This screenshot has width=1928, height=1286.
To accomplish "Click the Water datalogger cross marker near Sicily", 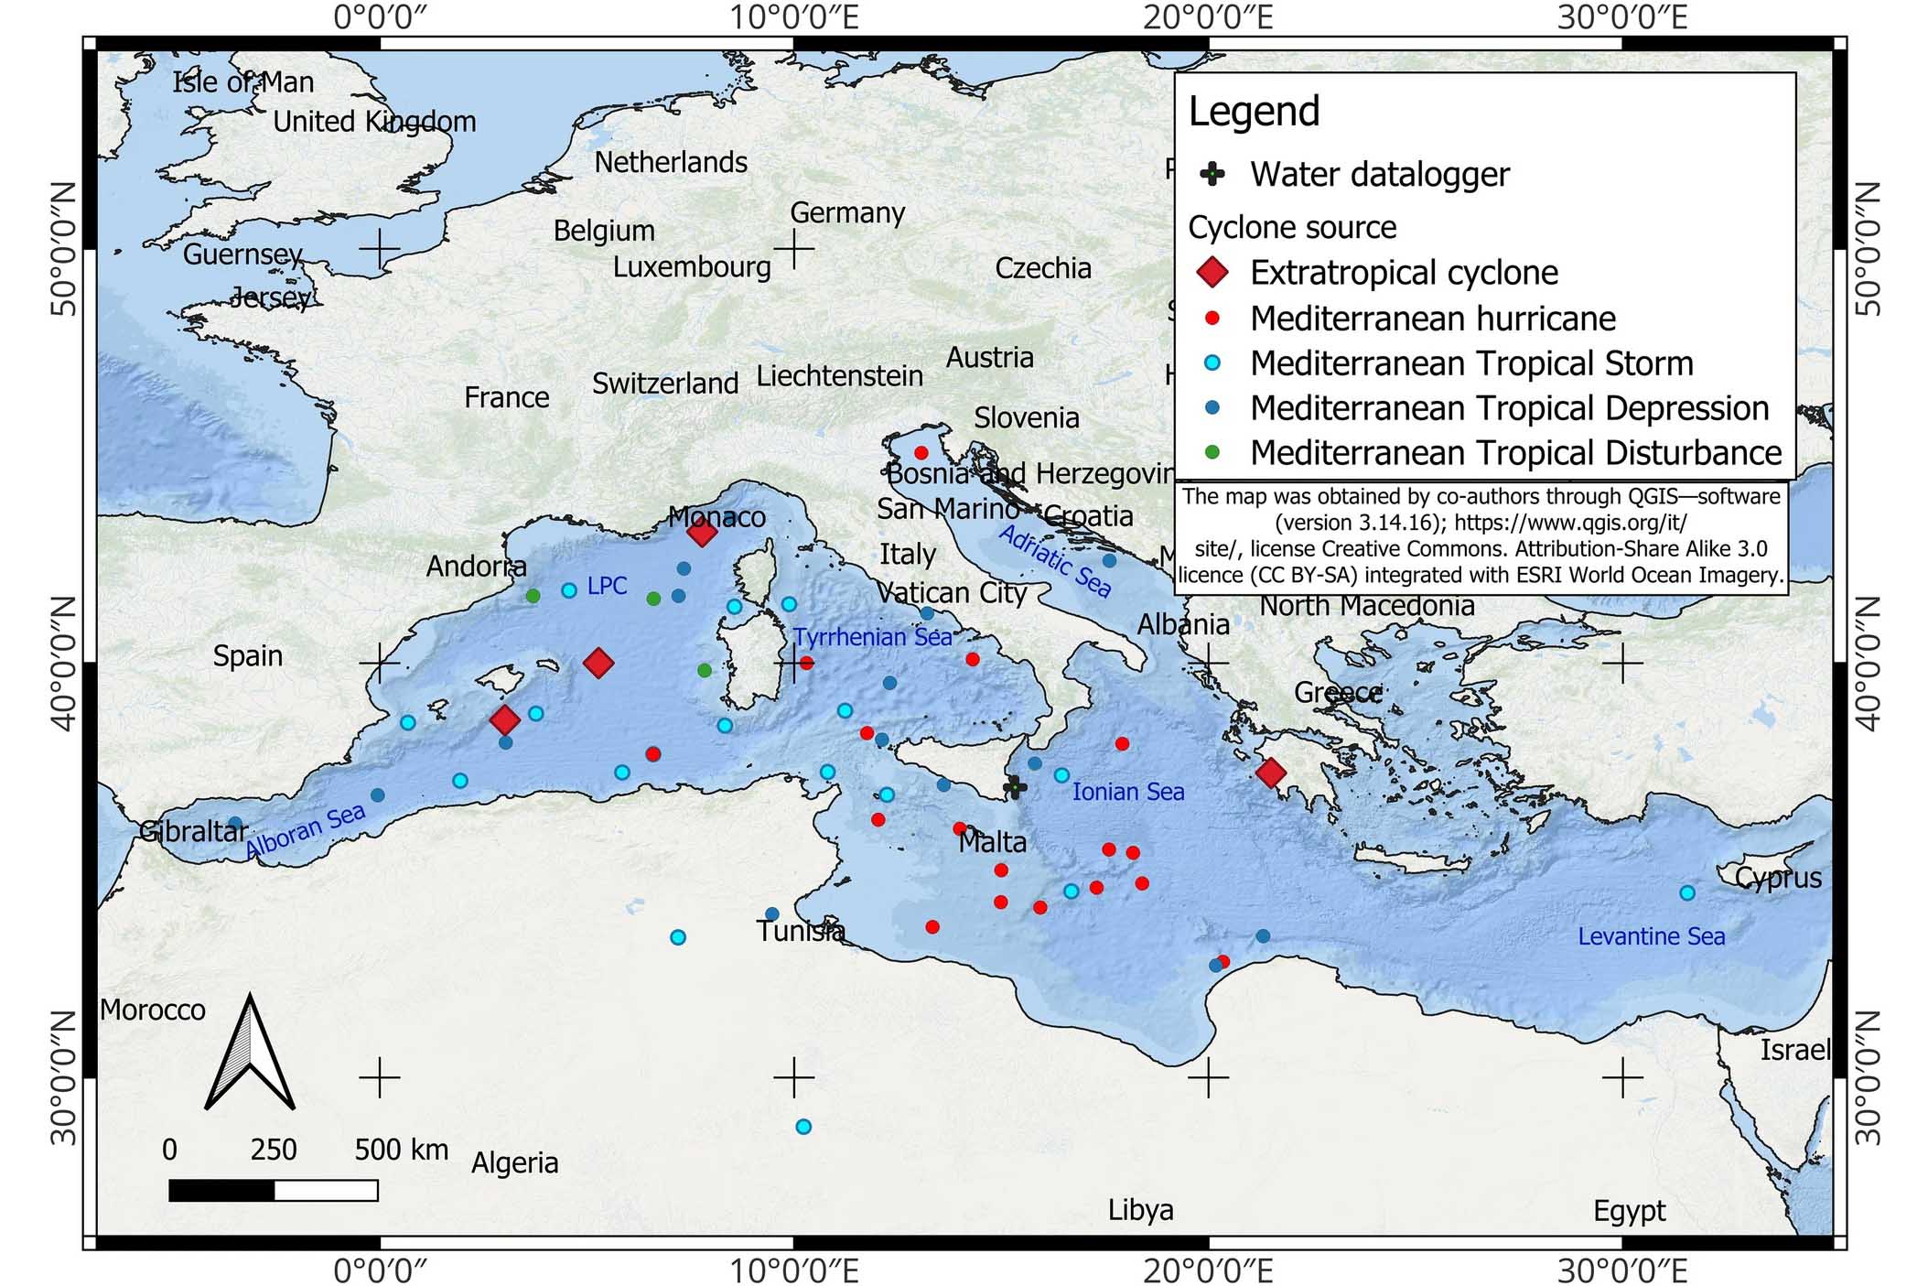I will click(x=1014, y=786).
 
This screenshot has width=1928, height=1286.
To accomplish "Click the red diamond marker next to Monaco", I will click(x=702, y=532).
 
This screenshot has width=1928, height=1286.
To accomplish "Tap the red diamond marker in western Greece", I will click(x=1270, y=773).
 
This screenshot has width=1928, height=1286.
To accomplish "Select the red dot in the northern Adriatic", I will click(x=921, y=453).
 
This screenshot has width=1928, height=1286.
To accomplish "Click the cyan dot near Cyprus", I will click(x=1687, y=892).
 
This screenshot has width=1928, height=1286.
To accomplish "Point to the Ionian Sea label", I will click(x=1127, y=792).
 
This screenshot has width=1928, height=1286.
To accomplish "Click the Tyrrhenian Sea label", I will click(x=872, y=637).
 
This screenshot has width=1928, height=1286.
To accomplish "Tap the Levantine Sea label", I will click(x=1651, y=936).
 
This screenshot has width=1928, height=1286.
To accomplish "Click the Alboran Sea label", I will click(x=305, y=831).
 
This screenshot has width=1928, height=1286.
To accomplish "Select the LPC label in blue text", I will click(x=607, y=586).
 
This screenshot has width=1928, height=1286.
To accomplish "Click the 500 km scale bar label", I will click(x=401, y=1149).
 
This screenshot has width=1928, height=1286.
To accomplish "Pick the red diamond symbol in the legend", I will click(x=1212, y=272).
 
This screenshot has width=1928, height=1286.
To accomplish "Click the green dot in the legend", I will click(x=1212, y=452).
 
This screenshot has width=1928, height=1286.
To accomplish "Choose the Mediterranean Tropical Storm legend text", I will click(x=1471, y=363).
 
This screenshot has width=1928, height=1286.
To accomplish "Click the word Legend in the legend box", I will click(x=1254, y=111).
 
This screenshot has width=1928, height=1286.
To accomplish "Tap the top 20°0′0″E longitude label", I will click(x=1207, y=17).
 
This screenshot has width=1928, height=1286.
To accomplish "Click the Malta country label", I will click(x=992, y=842).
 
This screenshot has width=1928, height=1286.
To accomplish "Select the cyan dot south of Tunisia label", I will click(x=802, y=1127).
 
